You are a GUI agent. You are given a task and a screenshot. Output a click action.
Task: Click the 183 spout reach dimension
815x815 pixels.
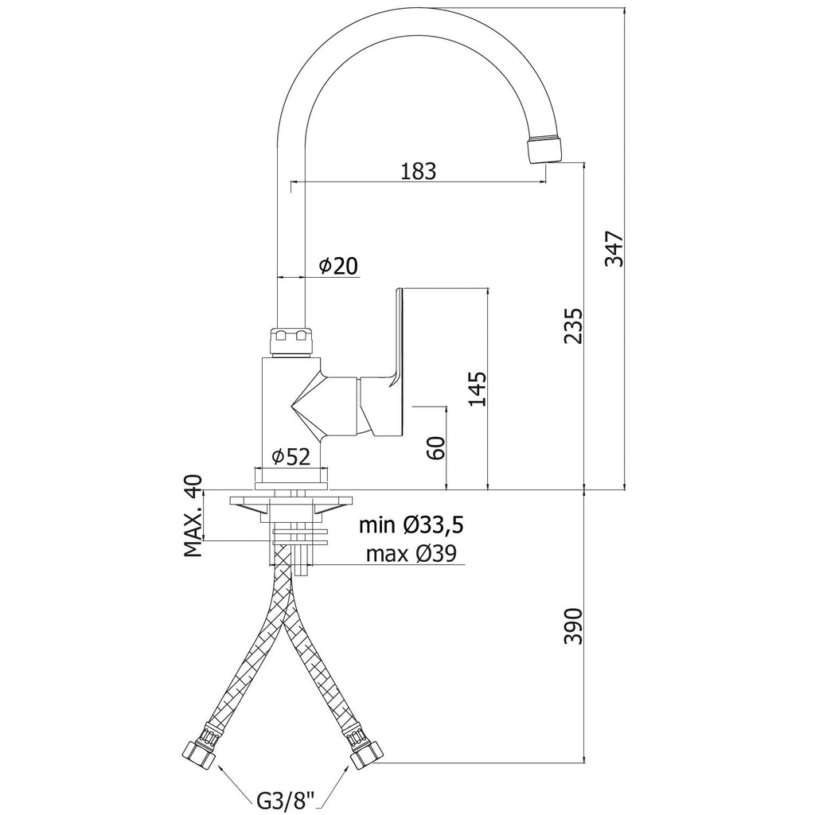(x=419, y=171)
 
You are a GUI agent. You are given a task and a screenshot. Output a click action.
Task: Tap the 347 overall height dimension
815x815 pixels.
(x=614, y=248)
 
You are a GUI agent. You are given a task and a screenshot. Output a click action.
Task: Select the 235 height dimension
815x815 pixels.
(x=574, y=326)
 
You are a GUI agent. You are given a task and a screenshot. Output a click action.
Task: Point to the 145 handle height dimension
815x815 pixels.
(x=478, y=388)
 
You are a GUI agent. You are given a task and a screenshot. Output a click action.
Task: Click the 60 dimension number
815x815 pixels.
(x=436, y=447)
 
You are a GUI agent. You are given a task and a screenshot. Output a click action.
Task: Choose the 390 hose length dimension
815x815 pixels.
(x=574, y=626)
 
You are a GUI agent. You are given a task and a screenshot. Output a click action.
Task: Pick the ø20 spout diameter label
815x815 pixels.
(x=338, y=266)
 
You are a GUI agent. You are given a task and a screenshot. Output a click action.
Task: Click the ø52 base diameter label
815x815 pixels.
(x=291, y=457)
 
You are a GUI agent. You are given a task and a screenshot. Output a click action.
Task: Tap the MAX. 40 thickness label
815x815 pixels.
(x=193, y=516)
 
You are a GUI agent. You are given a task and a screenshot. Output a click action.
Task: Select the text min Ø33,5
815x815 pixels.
(x=411, y=525)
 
